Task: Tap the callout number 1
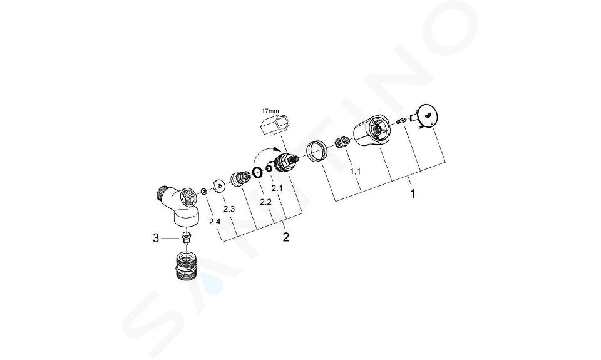[413, 193]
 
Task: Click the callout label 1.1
[356, 172]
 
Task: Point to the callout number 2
[286, 237]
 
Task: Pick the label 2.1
[277, 188]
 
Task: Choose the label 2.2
[265, 202]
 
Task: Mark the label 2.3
[229, 209]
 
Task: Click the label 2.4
[215, 221]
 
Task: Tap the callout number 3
[156, 239]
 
